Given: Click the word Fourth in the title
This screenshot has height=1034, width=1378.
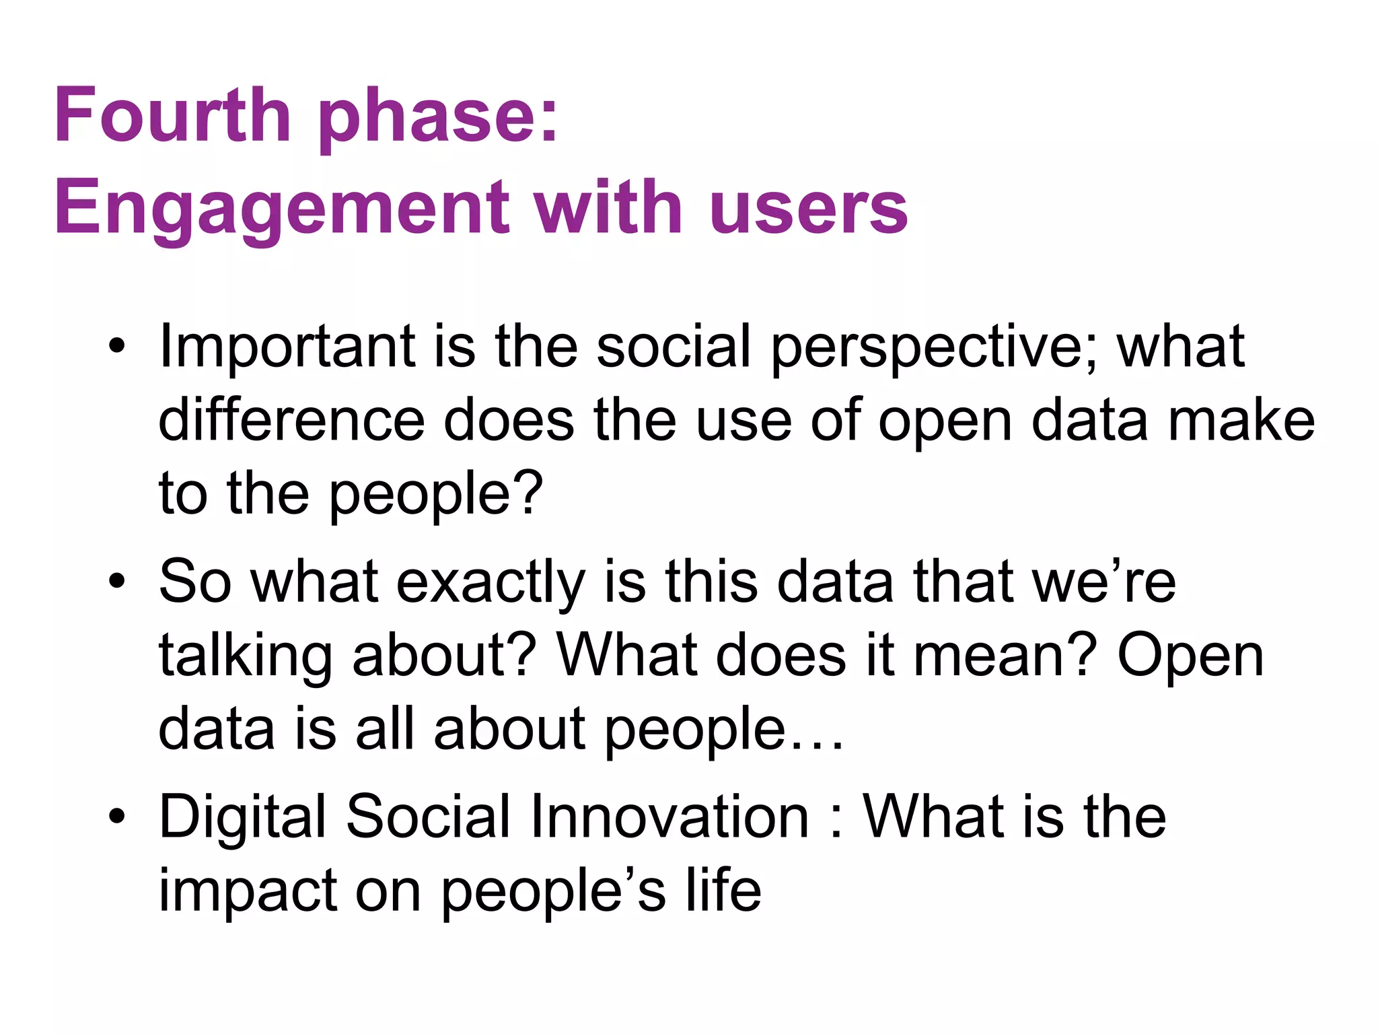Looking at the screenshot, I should pyautogui.click(x=172, y=116).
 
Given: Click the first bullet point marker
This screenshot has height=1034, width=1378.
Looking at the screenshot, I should pyautogui.click(x=117, y=347).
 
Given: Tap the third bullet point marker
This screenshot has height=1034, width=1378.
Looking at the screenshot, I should pyautogui.click(x=117, y=817).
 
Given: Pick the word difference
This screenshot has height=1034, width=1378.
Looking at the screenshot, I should pyautogui.click(x=291, y=421).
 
